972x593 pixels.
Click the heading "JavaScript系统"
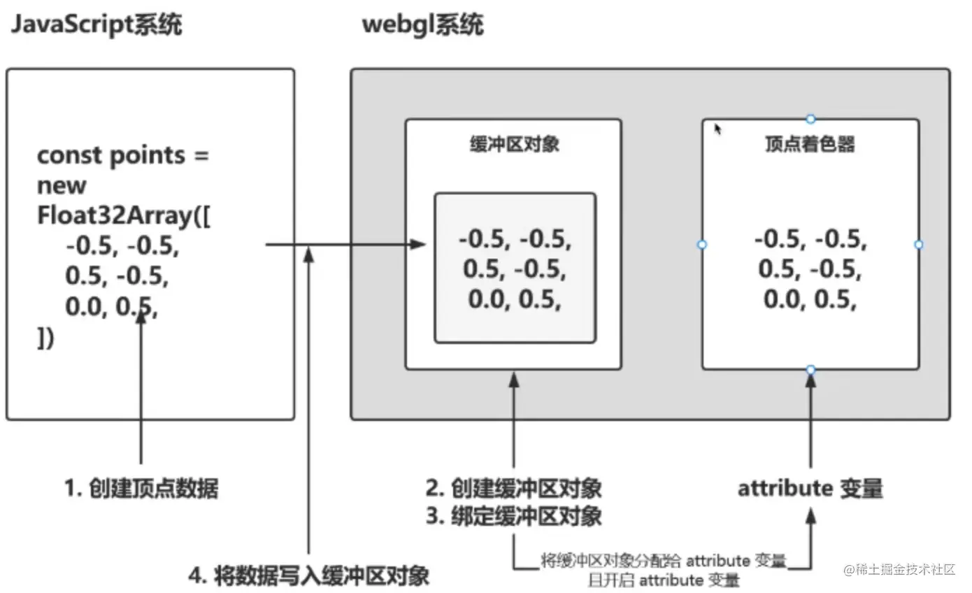97,25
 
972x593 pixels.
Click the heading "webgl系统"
422,25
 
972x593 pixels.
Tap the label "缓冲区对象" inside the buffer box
513,145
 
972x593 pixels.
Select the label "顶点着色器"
810,145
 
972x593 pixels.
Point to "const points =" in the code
123,155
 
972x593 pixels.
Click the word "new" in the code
62,185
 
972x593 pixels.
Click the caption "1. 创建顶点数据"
141,488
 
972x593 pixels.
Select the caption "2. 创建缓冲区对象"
514,487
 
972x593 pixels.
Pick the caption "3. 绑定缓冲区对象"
514,517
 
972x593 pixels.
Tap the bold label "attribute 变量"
810,488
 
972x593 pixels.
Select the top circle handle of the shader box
810,119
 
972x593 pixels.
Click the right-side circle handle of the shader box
919,244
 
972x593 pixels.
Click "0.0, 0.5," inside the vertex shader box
810,300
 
